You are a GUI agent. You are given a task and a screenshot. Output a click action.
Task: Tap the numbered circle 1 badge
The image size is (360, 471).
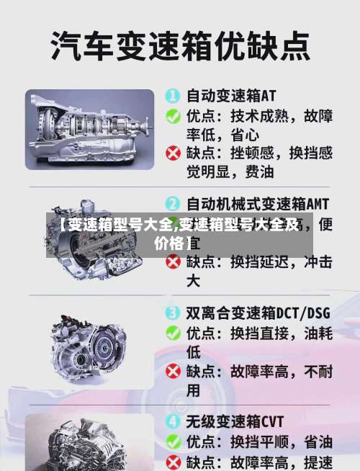point(173,95)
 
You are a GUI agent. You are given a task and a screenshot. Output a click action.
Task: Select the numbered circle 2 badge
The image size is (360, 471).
point(173,204)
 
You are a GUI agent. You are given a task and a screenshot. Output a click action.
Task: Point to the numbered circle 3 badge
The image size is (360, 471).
point(173,313)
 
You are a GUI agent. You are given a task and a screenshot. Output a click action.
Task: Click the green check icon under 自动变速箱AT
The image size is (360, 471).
point(173,115)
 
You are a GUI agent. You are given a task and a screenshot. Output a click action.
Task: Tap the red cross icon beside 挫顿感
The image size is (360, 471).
point(173,153)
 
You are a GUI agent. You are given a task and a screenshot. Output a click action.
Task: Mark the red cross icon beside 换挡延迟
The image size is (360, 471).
point(173,263)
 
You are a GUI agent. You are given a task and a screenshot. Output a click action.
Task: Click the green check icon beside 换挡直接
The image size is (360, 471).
point(173,332)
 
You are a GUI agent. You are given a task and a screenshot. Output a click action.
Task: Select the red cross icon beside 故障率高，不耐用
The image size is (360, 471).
point(173,372)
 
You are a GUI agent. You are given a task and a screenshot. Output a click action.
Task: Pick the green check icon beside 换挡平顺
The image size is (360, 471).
point(173,441)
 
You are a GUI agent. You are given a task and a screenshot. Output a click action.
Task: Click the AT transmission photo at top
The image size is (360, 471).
point(90,130)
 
